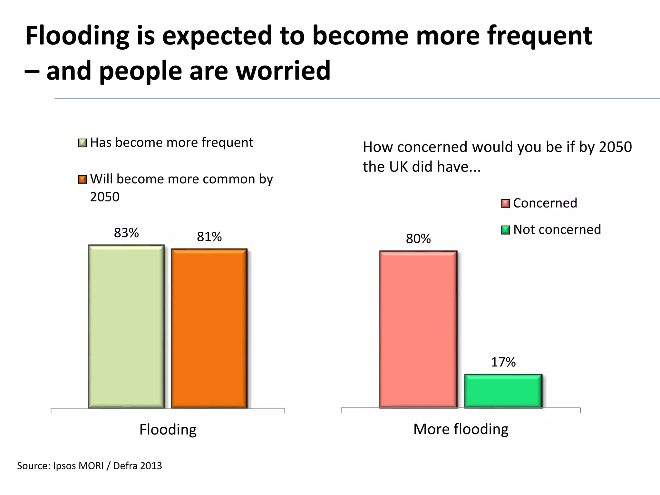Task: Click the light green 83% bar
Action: [126, 326]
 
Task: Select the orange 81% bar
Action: [209, 328]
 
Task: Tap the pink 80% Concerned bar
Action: [418, 329]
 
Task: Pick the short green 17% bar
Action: [503, 391]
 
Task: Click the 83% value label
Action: [126, 233]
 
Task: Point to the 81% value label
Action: [209, 237]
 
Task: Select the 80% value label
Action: [418, 239]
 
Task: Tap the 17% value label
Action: [503, 362]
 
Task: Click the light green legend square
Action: [82, 143]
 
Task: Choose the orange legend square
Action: [82, 180]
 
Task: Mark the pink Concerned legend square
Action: [506, 204]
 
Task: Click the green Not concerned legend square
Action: [506, 230]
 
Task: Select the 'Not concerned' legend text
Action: [557, 229]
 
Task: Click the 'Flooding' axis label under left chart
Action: [168, 430]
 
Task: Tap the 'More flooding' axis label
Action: [461, 429]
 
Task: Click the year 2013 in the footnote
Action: [151, 466]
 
